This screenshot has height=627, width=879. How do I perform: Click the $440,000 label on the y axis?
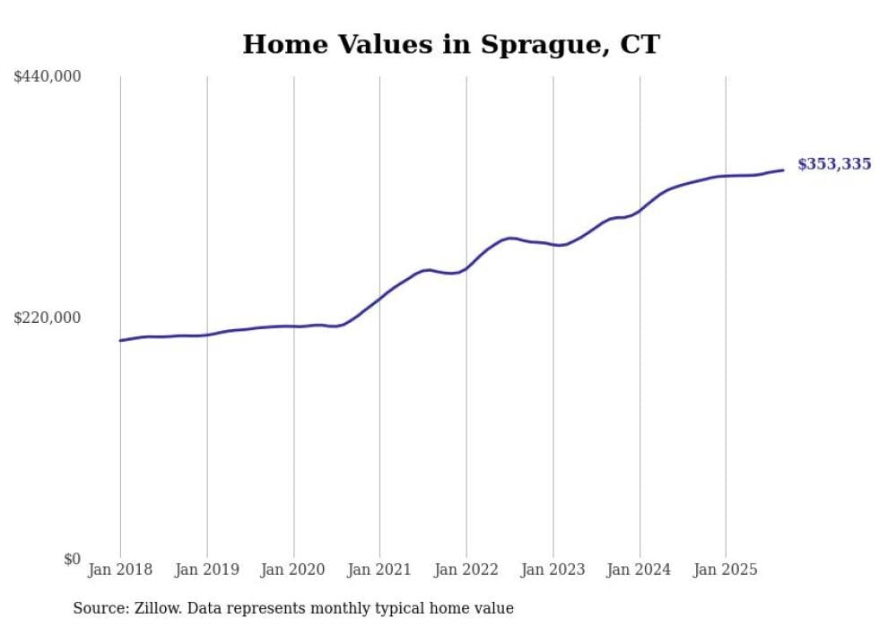point(48,77)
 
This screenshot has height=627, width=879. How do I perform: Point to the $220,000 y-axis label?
point(48,318)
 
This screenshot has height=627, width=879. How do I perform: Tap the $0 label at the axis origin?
point(72,559)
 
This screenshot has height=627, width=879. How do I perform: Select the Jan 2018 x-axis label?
point(120,570)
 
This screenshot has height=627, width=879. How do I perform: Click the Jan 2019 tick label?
point(206,570)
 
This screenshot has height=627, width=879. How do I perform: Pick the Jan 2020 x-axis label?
point(293,570)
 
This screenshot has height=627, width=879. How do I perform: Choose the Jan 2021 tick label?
point(379,570)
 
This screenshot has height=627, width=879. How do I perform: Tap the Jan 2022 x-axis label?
point(466,570)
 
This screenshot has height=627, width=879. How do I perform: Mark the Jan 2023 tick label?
point(553,570)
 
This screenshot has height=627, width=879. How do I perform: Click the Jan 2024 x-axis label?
point(640,570)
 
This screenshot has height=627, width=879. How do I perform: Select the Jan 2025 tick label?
point(726,570)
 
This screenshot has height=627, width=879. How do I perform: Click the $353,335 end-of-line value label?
point(833,164)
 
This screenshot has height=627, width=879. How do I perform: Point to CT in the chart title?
point(640,44)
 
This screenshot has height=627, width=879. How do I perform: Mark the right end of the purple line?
point(783,170)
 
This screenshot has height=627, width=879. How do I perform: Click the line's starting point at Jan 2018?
point(120,340)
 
